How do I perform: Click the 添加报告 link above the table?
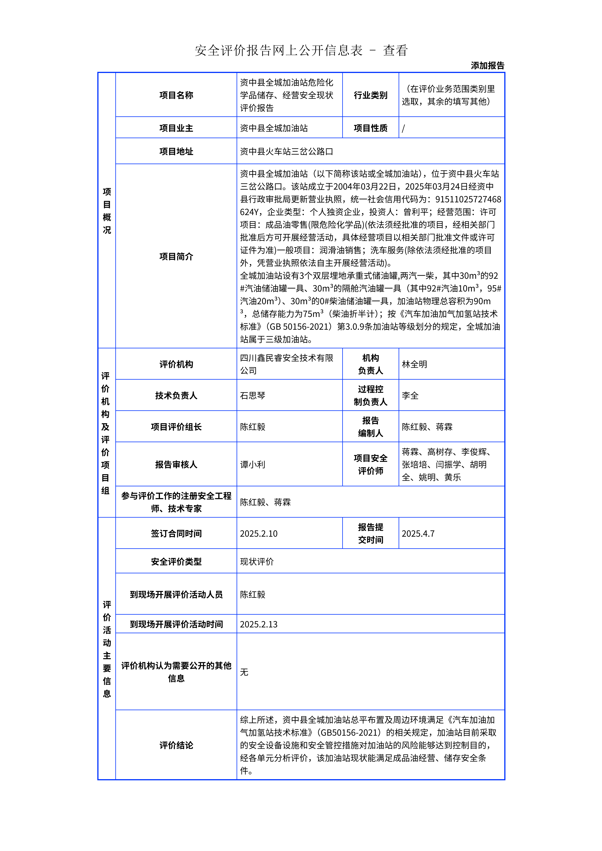click(x=487, y=66)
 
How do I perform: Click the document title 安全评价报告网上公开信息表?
click(x=278, y=50)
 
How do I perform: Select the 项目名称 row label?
click(x=176, y=95)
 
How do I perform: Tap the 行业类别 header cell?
click(x=370, y=95)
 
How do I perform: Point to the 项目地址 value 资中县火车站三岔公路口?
click(x=286, y=151)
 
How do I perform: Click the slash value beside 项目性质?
click(x=404, y=128)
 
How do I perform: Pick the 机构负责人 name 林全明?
click(x=414, y=364)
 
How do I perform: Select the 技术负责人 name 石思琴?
click(x=253, y=396)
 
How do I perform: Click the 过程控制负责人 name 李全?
click(x=410, y=396)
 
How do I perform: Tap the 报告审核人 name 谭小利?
click(x=253, y=464)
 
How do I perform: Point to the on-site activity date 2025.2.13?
click(x=259, y=624)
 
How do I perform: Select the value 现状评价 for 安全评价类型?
click(x=257, y=562)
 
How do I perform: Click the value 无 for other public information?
click(x=244, y=672)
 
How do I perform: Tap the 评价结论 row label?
click(x=176, y=745)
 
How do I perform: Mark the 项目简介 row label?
click(x=176, y=256)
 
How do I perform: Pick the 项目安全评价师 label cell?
click(x=370, y=464)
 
